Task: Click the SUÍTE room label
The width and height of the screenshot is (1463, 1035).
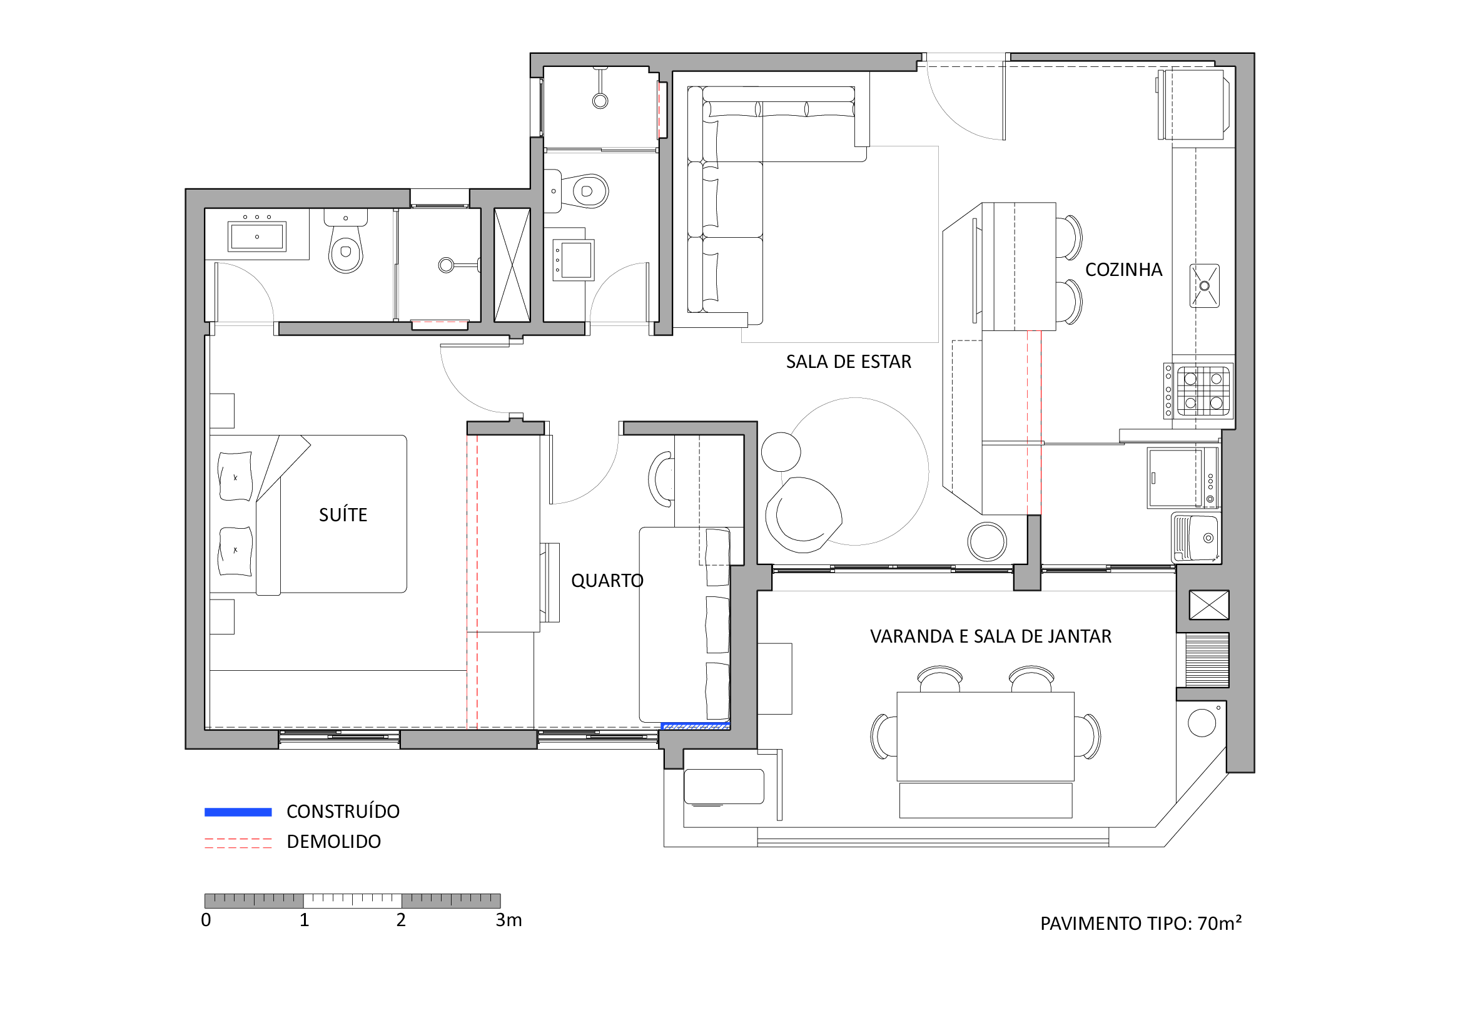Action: click(x=343, y=514)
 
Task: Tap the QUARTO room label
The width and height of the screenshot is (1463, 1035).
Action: click(x=607, y=581)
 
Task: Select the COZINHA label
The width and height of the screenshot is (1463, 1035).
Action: click(x=1123, y=270)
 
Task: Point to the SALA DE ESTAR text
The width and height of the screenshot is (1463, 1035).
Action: click(x=848, y=362)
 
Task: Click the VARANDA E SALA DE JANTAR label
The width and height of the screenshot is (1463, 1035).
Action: click(x=990, y=636)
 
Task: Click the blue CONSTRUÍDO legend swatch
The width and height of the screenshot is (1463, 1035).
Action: click(x=238, y=812)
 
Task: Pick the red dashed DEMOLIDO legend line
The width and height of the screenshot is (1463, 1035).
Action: click(x=238, y=842)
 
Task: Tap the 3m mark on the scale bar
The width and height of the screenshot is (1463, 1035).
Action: click(x=508, y=920)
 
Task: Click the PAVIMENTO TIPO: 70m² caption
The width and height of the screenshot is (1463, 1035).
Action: click(x=1141, y=923)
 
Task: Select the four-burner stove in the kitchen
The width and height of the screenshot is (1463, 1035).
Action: click(x=1198, y=390)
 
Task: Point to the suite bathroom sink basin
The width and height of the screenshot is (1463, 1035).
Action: click(x=257, y=237)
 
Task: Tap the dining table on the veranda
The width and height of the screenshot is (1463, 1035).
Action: click(x=985, y=736)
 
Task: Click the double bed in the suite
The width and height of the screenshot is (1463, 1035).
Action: click(x=308, y=514)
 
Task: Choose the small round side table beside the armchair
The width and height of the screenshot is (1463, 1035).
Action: click(x=781, y=452)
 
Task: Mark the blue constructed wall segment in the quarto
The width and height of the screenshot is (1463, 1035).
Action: click(x=695, y=726)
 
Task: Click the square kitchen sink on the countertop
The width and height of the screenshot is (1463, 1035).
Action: click(x=1204, y=286)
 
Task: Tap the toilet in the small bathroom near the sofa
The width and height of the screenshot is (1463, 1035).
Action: click(x=584, y=191)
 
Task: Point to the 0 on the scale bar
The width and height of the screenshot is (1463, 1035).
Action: click(x=206, y=920)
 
